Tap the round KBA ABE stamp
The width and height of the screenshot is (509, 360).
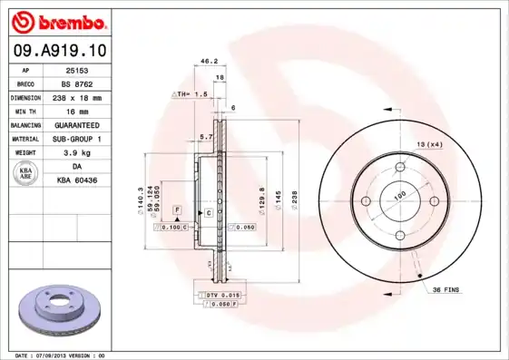pyautogui.click(x=26, y=174)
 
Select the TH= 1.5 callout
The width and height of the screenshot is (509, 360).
pyautogui.click(x=191, y=93)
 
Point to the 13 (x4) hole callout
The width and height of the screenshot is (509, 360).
pyautogui.click(x=430, y=144)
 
